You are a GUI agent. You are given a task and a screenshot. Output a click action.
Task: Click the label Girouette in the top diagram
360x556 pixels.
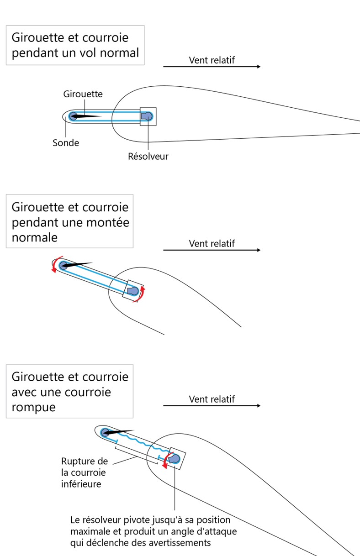pyautogui.click(x=83, y=94)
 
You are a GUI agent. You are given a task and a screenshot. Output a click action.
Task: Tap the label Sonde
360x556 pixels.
pyautogui.click(x=66, y=143)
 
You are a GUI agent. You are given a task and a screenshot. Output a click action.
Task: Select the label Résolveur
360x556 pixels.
pyautogui.click(x=148, y=156)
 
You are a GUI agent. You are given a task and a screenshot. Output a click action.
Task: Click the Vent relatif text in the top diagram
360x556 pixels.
pyautogui.click(x=212, y=60)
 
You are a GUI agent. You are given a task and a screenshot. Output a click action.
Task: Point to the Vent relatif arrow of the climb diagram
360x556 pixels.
pyautogui.click(x=212, y=250)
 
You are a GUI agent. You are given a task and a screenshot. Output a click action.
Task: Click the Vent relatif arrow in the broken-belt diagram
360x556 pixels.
pyautogui.click(x=212, y=406)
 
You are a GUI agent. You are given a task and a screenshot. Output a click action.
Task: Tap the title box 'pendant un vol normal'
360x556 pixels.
pyautogui.click(x=75, y=45)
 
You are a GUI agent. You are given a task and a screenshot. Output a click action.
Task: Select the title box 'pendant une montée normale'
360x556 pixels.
pyautogui.click(x=69, y=222)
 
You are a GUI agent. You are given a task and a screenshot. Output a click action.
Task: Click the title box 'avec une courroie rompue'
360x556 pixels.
pyautogui.click(x=69, y=392)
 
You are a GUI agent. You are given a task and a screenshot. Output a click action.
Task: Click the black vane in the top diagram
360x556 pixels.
pyautogui.click(x=87, y=116)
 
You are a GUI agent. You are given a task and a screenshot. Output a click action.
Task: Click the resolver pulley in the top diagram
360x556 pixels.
pyautogui.click(x=146, y=117)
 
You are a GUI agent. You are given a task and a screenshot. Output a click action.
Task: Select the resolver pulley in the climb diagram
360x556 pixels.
pyautogui.click(x=132, y=291)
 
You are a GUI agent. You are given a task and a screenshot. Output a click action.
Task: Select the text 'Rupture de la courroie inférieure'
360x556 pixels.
pyautogui.click(x=85, y=472)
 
